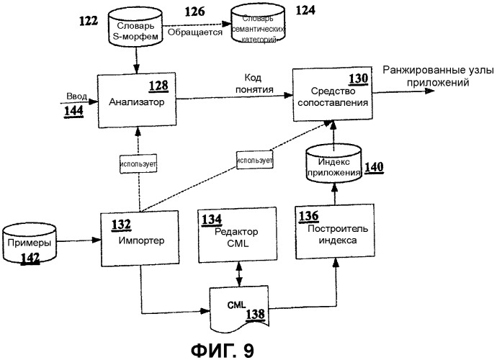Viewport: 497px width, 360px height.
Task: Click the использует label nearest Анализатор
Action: click(139, 163)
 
